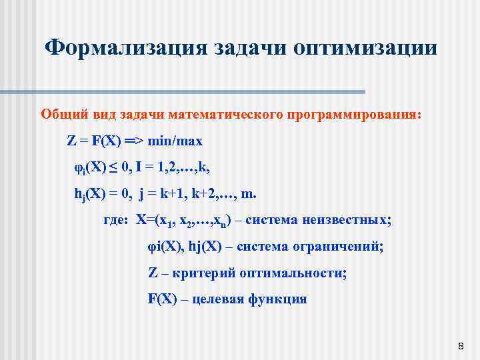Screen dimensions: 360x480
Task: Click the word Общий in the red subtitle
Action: (x=61, y=114)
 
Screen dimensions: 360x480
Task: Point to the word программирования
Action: (x=354, y=114)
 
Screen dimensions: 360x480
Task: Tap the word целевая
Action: (x=218, y=299)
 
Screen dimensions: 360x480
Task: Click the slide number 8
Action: (x=461, y=346)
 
